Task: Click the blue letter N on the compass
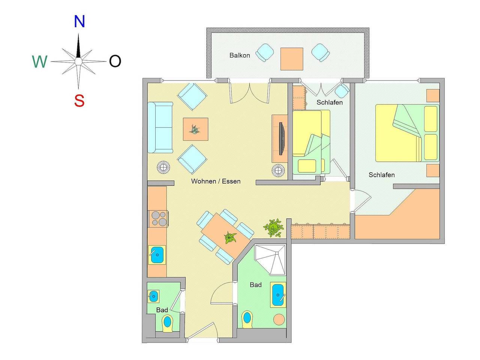[79, 22]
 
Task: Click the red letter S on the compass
[79, 101]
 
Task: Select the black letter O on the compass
[115, 61]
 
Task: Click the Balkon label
[240, 55]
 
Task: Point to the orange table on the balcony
[292, 59]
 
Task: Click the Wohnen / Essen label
[216, 181]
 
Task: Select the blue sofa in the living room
[160, 127]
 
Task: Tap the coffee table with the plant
[195, 130]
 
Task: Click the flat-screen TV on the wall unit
[282, 139]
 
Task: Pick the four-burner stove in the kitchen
[158, 219]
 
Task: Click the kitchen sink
[157, 255]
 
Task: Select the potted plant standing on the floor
[273, 228]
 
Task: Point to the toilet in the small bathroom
[167, 323]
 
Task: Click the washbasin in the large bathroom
[277, 295]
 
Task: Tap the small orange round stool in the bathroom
[279, 320]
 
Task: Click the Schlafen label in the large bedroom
[381, 175]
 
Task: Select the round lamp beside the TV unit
[278, 171]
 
